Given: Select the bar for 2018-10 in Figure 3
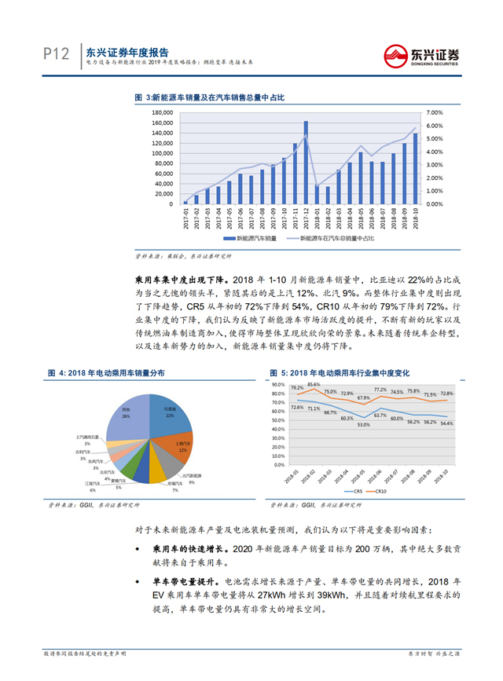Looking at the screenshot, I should point(415,169).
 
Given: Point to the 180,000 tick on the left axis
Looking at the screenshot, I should point(161,112).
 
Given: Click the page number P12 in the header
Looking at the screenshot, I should point(56,53).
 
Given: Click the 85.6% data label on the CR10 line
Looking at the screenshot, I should point(314,384).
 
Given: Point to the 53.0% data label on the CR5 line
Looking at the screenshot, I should point(363,425).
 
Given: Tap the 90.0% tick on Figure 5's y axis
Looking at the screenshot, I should point(277,385).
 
